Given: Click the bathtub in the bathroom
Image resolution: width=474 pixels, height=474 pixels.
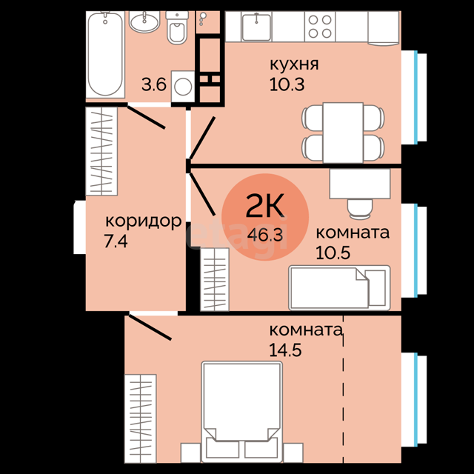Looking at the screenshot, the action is coord(105,54).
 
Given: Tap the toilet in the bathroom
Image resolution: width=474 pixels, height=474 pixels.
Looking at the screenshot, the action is coord(177,28).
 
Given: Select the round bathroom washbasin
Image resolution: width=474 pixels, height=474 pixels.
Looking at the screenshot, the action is coord(144,21).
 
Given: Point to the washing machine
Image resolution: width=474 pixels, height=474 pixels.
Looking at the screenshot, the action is coord(183,87).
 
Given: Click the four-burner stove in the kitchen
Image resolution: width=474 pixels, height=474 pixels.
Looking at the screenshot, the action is coord(320,27).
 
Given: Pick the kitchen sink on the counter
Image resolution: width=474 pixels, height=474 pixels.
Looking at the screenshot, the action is coord(256,27).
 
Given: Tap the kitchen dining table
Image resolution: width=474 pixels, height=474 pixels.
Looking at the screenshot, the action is coord(343,133).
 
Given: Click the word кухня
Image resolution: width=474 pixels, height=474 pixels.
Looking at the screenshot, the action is coord(294,64).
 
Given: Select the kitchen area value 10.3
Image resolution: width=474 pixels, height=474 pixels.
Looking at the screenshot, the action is coord(287,84).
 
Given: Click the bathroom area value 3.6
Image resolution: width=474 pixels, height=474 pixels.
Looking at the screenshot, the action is coord(154,84).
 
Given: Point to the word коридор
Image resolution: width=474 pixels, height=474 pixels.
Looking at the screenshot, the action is coord(143,221).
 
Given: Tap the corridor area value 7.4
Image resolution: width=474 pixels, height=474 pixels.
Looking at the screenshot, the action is coord(116,241).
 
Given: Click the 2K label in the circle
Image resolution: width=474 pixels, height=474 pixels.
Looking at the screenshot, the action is coord(265,206).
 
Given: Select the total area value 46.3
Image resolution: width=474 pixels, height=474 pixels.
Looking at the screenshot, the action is coord(265,235).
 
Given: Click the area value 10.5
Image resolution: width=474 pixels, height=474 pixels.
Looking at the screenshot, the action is coord(333,253).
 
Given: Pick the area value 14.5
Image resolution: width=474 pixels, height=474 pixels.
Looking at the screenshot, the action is coord(285,350).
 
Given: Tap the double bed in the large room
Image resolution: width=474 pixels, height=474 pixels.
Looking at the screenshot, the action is coord(242,412).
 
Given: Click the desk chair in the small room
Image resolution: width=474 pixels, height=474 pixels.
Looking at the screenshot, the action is coord(359,209).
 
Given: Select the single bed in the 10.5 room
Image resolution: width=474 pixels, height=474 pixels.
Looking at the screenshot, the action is coord(339,288).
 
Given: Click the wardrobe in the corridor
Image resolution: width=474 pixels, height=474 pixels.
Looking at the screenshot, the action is coord(101,151).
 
